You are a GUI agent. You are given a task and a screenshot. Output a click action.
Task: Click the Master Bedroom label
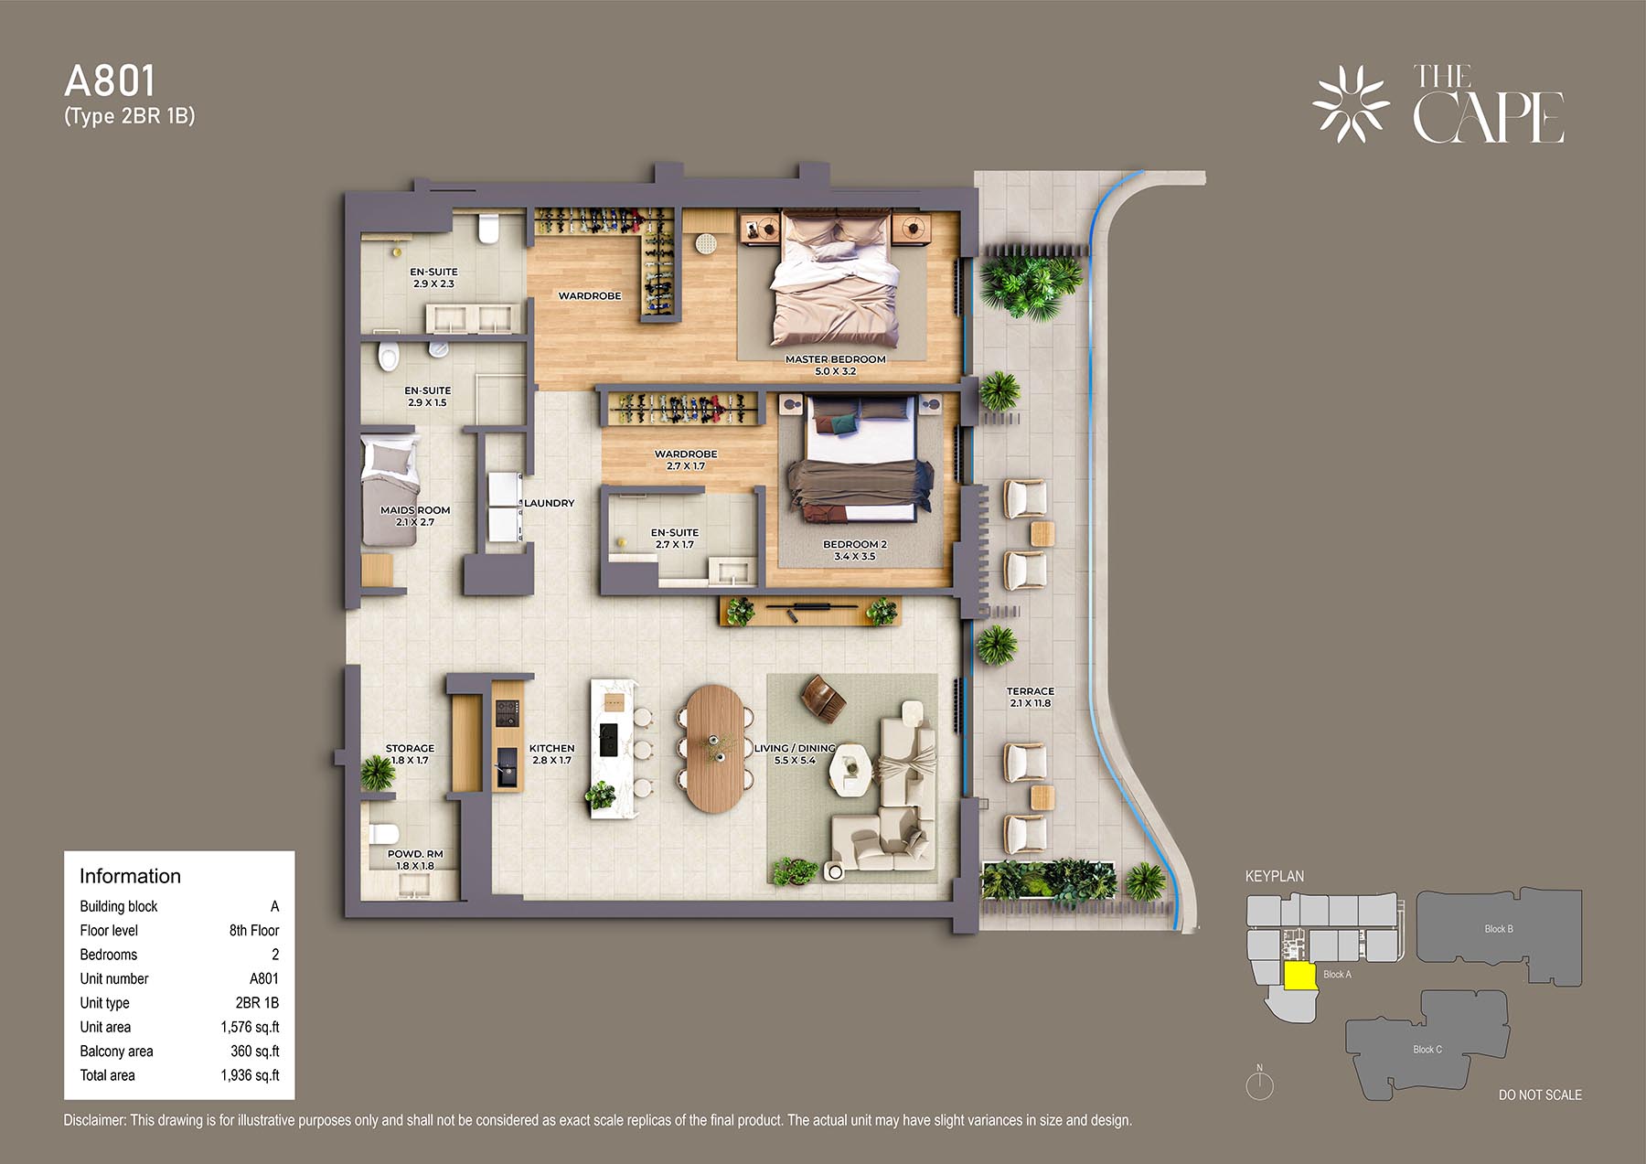[836, 365]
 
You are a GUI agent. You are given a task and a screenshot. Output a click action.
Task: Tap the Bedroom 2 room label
[855, 550]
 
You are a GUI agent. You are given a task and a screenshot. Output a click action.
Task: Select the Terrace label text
[1031, 697]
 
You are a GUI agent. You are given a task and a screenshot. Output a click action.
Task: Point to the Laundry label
[549, 503]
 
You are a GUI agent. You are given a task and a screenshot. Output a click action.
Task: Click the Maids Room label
[415, 516]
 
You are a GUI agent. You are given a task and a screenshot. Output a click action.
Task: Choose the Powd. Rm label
[415, 860]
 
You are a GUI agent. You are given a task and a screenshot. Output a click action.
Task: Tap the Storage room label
[410, 753]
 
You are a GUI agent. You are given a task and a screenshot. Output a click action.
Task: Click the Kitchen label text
[551, 753]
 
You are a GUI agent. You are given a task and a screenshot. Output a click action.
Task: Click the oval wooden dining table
[715, 748]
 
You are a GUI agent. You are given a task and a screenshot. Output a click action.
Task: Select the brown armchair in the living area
[823, 699]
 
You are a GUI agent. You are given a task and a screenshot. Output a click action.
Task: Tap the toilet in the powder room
[383, 833]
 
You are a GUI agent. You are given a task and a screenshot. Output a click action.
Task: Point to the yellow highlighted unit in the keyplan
[1299, 976]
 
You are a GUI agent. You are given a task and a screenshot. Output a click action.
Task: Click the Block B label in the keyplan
[1498, 929]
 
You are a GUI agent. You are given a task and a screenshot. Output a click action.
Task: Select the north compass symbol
[1259, 1084]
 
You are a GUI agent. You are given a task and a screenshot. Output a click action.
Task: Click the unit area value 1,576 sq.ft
[250, 1027]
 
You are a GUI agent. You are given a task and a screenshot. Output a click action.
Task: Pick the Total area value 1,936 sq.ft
[250, 1075]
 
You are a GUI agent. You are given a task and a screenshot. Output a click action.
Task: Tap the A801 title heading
[110, 81]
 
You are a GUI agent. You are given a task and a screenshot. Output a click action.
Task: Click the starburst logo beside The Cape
[1351, 103]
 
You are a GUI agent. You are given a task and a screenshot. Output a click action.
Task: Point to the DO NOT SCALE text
[1540, 1095]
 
